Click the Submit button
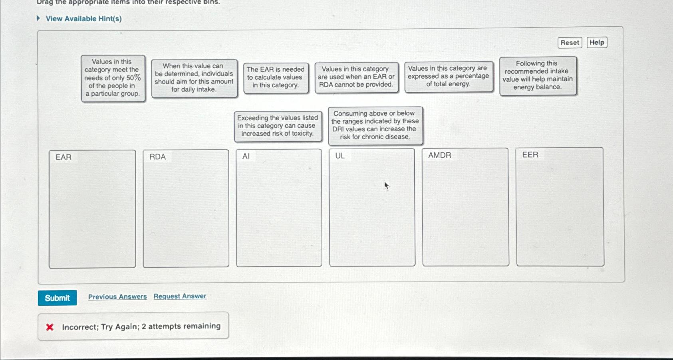tap(57, 298)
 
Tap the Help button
tap(597, 42)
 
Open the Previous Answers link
tap(117, 297)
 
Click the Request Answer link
tap(180, 296)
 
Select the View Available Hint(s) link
tap(83, 19)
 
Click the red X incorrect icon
tap(50, 327)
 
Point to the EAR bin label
tap(64, 157)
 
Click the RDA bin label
tap(157, 157)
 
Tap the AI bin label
tap(246, 156)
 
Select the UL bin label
tap(340, 156)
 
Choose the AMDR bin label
tap(439, 155)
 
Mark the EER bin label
tap(530, 154)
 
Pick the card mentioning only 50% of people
tap(113, 78)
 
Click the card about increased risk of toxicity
tap(278, 126)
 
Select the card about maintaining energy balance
tap(538, 75)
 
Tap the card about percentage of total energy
tap(448, 77)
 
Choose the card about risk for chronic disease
tap(375, 125)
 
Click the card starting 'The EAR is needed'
tap(276, 77)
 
